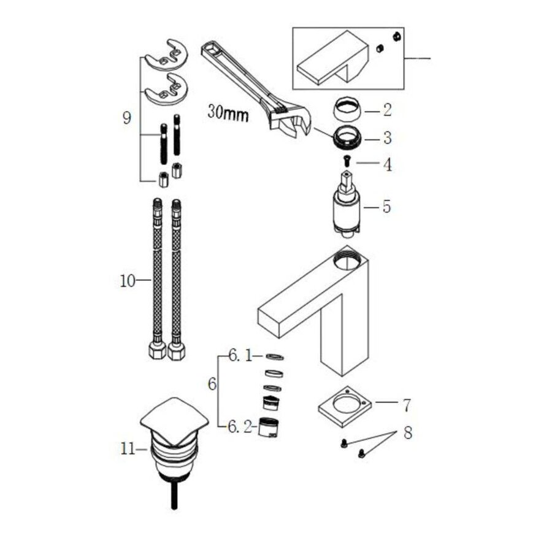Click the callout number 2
387,110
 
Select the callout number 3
387,138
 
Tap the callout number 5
386,206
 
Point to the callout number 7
406,405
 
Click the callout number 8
407,432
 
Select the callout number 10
127,282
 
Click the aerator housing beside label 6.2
267,427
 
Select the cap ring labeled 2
347,111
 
